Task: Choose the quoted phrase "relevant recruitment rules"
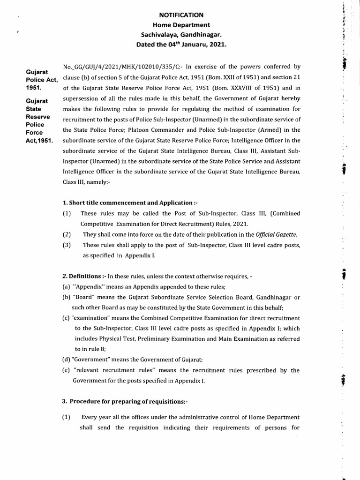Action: pyautogui.click(x=112, y=370)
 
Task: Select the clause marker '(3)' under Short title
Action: pyautogui.click(x=67, y=245)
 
